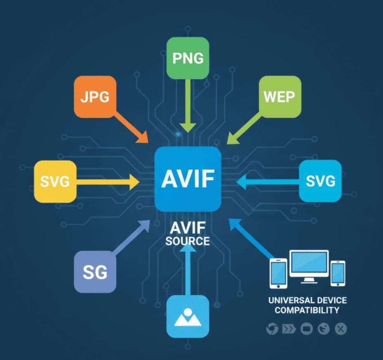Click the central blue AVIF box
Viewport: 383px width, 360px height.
click(187, 179)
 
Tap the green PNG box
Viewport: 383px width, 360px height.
click(188, 58)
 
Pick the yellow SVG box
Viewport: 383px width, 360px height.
click(55, 182)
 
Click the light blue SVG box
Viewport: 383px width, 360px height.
click(320, 181)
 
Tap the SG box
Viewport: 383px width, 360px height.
click(95, 272)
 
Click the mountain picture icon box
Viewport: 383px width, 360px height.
click(188, 317)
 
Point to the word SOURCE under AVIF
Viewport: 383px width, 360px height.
click(187, 241)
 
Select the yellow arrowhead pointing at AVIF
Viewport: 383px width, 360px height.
click(134, 182)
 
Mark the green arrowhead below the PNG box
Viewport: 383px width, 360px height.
click(188, 127)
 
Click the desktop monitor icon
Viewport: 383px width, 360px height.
click(309, 266)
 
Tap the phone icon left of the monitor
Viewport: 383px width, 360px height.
click(278, 273)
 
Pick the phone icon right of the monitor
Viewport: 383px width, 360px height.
click(338, 273)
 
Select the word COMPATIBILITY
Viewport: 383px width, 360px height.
click(307, 310)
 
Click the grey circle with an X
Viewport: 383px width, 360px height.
click(340, 329)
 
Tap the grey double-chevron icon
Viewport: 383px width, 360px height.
click(288, 329)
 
